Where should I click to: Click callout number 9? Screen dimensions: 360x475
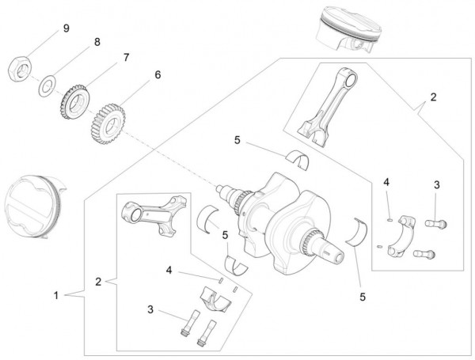point(66,28)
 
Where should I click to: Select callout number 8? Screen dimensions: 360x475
point(97,41)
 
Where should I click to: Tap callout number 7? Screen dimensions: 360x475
point(124,57)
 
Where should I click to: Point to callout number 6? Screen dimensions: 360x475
point(157,74)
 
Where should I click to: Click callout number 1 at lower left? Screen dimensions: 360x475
point(55,295)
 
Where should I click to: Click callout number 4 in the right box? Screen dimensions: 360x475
point(386,183)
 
